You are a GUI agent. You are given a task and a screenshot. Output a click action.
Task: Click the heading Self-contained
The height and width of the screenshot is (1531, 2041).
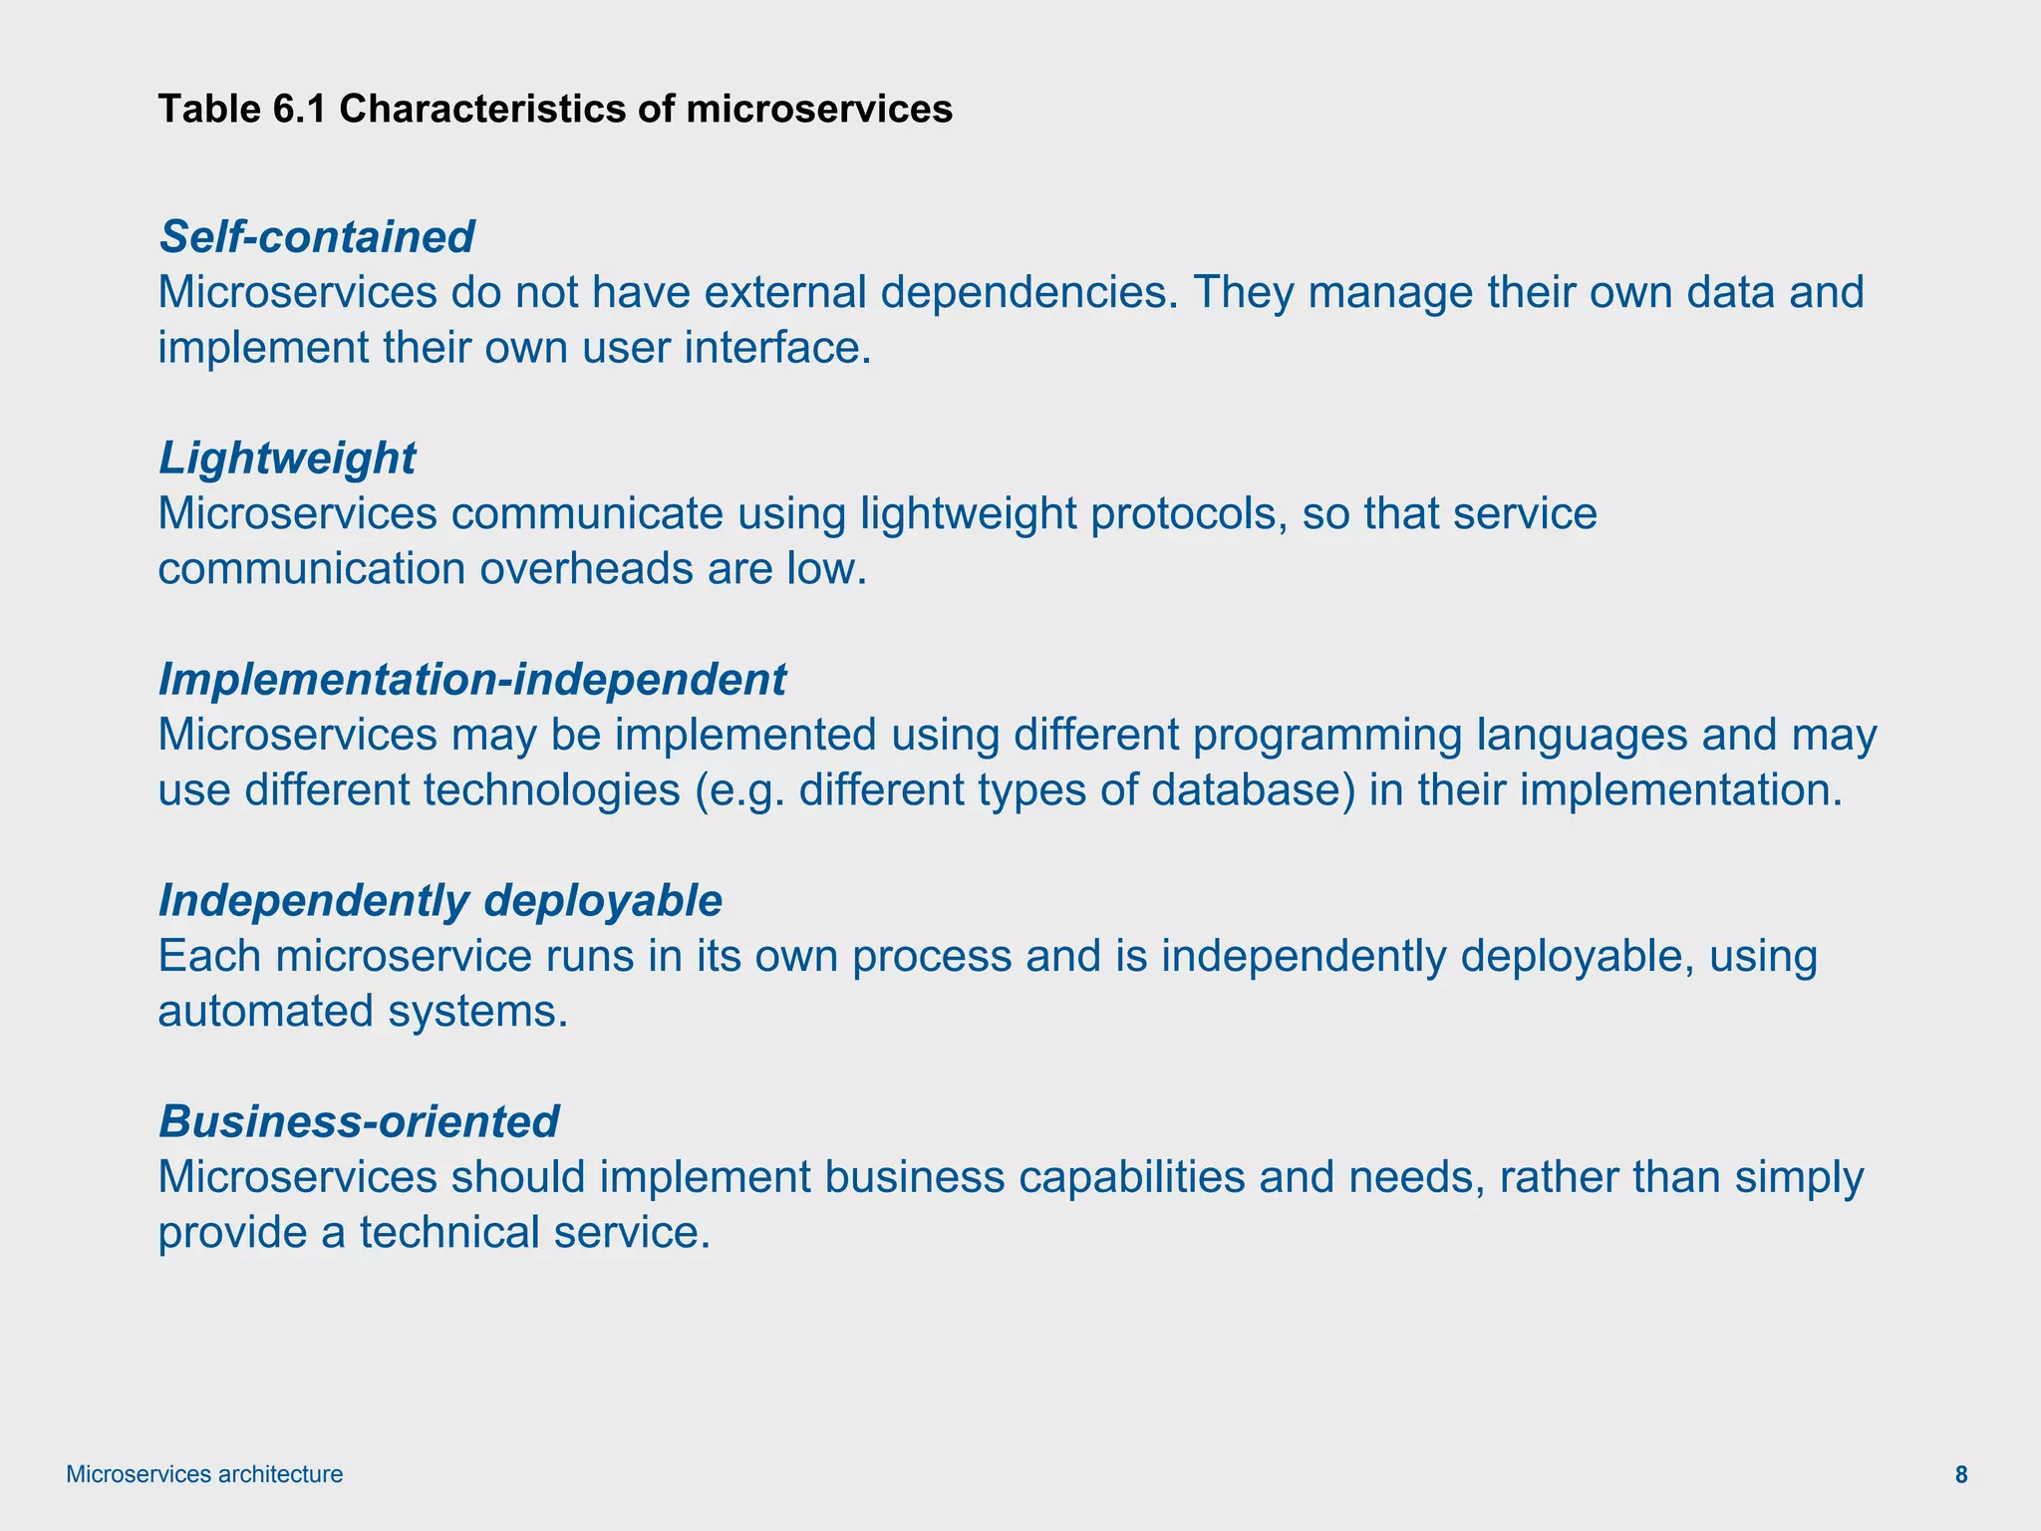point(317,237)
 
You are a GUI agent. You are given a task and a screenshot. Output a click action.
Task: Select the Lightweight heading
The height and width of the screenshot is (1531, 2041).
point(287,459)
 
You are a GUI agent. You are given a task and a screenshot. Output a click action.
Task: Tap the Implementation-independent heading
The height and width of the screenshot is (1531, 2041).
point(472,680)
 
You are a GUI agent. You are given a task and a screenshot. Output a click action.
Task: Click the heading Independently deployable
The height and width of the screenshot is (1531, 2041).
point(439,901)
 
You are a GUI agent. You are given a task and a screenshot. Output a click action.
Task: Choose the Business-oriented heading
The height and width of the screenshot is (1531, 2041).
point(359,1122)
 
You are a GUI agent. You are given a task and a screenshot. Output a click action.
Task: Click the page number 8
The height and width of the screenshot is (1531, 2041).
point(1961,1475)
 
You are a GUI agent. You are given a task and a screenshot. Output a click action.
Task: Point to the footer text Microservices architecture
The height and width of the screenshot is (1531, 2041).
point(204,1475)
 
